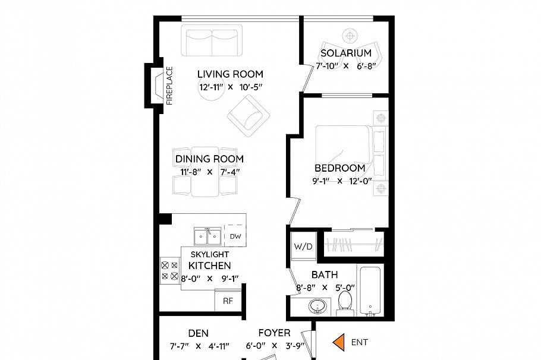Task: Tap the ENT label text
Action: coord(360,342)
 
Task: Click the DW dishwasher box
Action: coord(235,236)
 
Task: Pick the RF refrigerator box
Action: coord(227,301)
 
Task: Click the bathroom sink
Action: coord(317,307)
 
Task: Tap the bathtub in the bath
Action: coord(369,292)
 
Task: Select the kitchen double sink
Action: coord(207,236)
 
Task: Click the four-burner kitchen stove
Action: coord(169,271)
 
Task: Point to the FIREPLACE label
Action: coord(169,86)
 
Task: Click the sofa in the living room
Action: coord(212,41)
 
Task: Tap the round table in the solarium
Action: coord(350,35)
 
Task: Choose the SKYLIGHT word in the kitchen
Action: coord(210,254)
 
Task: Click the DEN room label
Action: coord(198,333)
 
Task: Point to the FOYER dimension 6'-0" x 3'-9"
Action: coord(275,346)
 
